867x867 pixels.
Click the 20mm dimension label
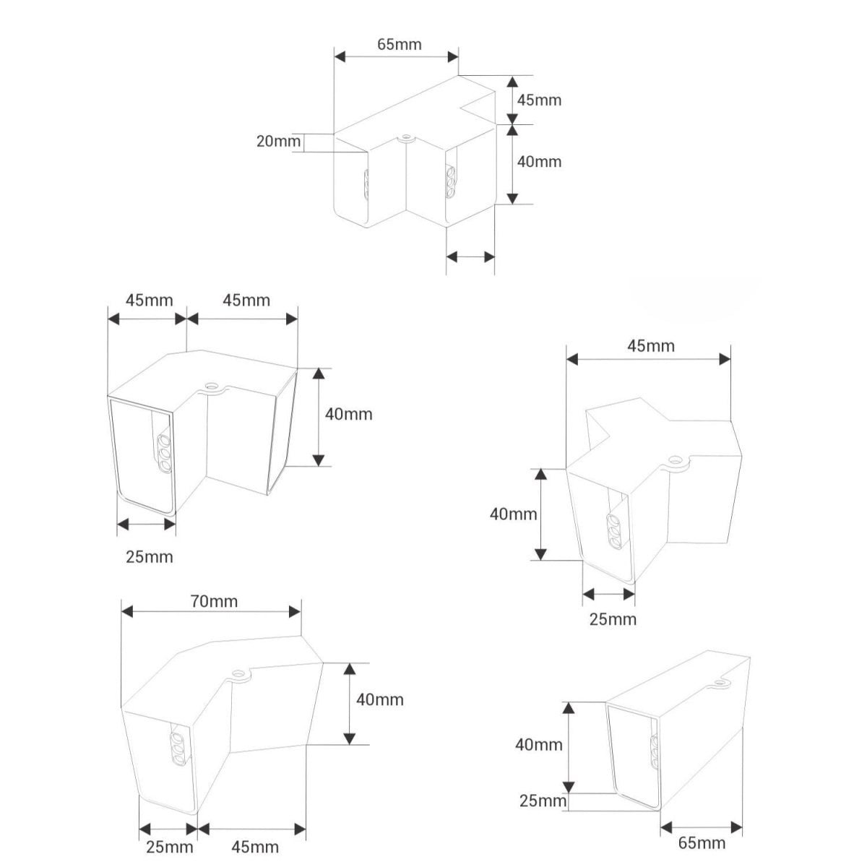coord(278,142)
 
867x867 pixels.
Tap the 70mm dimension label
coord(214,601)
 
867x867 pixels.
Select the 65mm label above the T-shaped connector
coord(399,44)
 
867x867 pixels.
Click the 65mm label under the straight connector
coord(702,842)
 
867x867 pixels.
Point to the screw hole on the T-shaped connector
coord(407,137)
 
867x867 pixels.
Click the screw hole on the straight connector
coord(722,683)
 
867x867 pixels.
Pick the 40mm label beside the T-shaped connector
coord(539,162)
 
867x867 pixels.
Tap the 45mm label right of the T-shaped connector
coord(539,100)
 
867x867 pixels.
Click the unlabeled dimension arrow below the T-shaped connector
coord(470,257)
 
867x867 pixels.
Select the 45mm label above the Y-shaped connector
coord(650,345)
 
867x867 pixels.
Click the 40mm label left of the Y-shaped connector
coord(513,514)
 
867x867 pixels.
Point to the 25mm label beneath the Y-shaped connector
coord(613,619)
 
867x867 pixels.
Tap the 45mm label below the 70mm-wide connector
coord(255,847)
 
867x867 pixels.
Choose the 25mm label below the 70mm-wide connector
coord(170,847)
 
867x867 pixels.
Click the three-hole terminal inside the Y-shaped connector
coord(615,532)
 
